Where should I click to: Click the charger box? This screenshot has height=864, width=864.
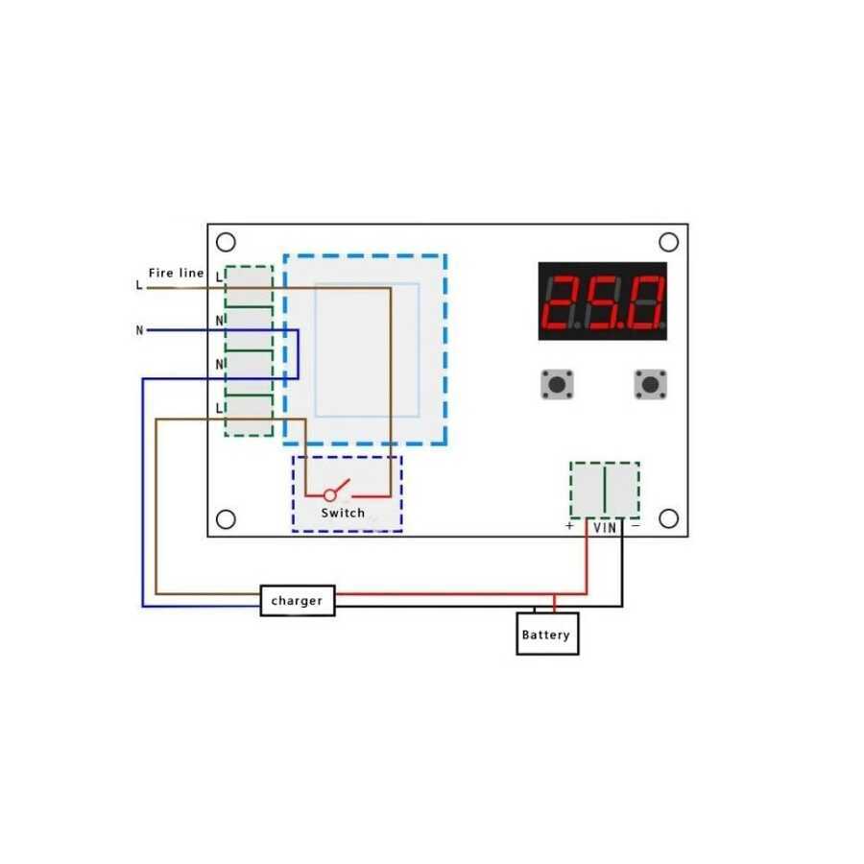click(x=298, y=600)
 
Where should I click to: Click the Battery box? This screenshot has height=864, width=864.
click(x=547, y=634)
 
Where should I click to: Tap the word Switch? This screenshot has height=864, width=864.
click(x=343, y=513)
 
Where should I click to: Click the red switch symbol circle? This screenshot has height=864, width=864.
click(x=330, y=494)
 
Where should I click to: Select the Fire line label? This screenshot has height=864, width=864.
click(x=177, y=273)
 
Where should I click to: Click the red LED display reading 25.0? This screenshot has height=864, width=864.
click(x=602, y=300)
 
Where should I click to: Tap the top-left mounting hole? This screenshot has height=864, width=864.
click(x=226, y=242)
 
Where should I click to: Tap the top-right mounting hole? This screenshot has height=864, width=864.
click(x=668, y=242)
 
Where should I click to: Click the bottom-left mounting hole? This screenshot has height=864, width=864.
click(x=226, y=519)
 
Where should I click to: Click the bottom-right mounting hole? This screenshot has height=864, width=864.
click(x=668, y=518)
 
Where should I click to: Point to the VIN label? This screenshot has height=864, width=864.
click(x=605, y=528)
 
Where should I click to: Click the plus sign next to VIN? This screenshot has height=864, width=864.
click(x=569, y=526)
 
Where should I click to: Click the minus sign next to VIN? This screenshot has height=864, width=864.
click(x=636, y=526)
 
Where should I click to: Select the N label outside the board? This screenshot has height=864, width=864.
click(x=139, y=330)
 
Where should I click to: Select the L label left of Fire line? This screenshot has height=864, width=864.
click(x=139, y=285)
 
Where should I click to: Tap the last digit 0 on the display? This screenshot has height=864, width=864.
click(x=646, y=302)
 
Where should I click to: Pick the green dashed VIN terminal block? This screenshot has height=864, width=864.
click(x=605, y=490)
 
